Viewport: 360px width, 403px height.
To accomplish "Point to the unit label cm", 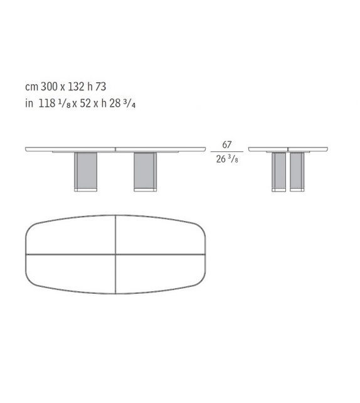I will (31, 90).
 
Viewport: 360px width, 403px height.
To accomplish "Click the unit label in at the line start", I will (28, 104).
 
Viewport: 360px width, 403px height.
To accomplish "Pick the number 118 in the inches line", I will (46, 104).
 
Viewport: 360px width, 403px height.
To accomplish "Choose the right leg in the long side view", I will (145, 171).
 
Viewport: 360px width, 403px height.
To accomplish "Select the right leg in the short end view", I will (297, 171).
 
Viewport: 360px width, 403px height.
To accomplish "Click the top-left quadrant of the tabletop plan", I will (72, 235).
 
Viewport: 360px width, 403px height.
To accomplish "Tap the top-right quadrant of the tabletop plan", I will (160, 235).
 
